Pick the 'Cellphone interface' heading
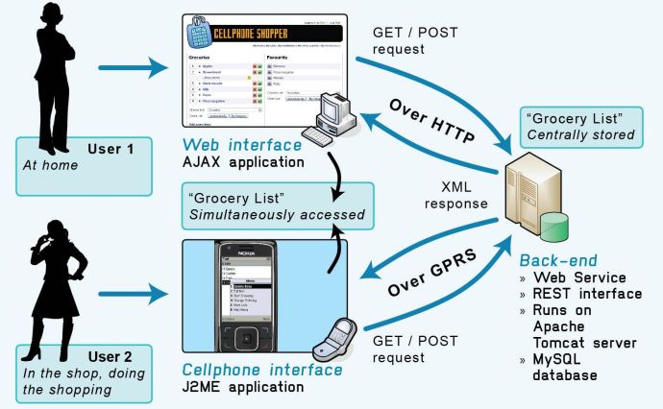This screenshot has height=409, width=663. (x=261, y=370)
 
